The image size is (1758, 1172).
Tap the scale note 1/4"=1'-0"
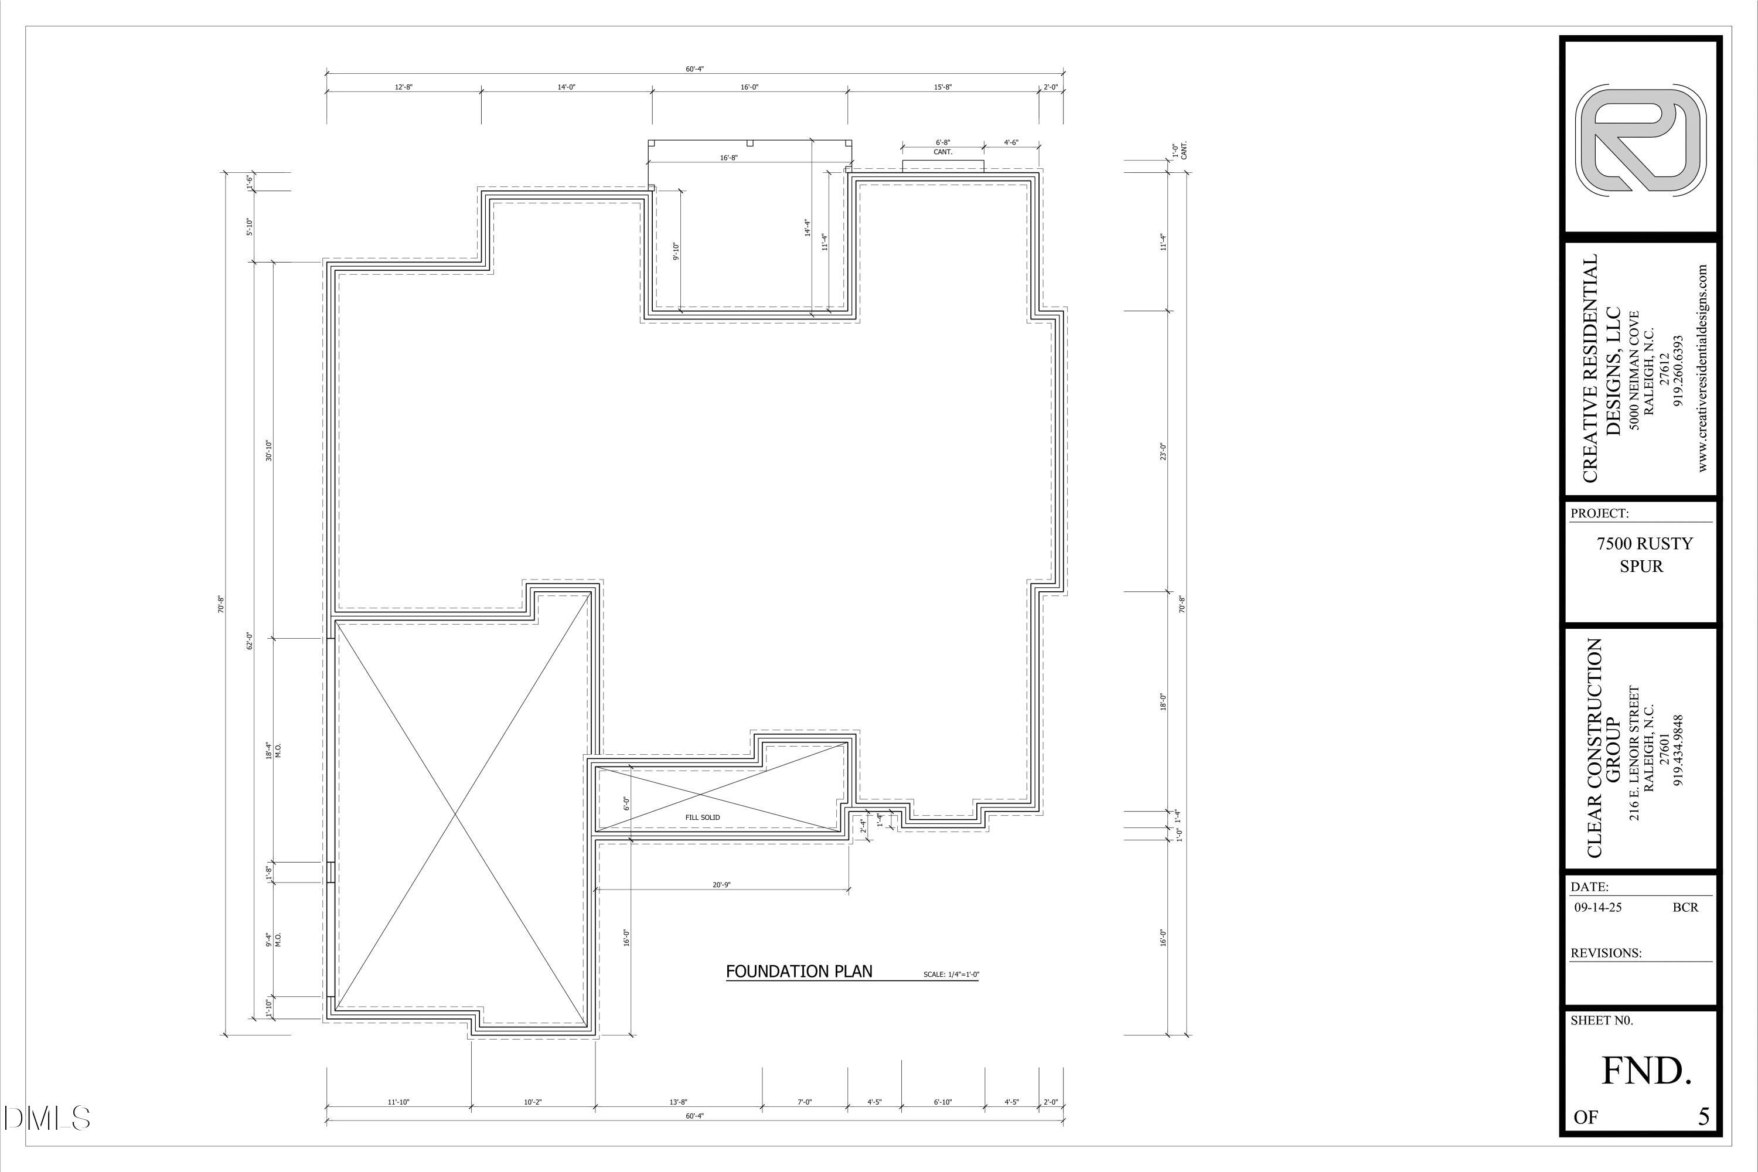tap(950, 975)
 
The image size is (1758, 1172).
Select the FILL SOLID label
tap(702, 817)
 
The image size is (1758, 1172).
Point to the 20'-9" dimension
tap(721, 885)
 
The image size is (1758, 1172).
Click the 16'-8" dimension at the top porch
tap(729, 158)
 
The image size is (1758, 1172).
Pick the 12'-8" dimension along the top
tap(404, 87)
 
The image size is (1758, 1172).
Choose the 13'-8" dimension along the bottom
tap(678, 1102)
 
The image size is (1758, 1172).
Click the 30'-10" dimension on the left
tap(269, 451)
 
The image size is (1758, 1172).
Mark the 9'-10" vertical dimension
tap(676, 251)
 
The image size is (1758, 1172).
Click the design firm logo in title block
tap(1641, 140)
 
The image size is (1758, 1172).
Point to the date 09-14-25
tap(1598, 907)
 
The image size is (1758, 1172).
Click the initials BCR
tap(1685, 907)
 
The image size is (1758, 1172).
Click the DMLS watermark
tap(46, 1118)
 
